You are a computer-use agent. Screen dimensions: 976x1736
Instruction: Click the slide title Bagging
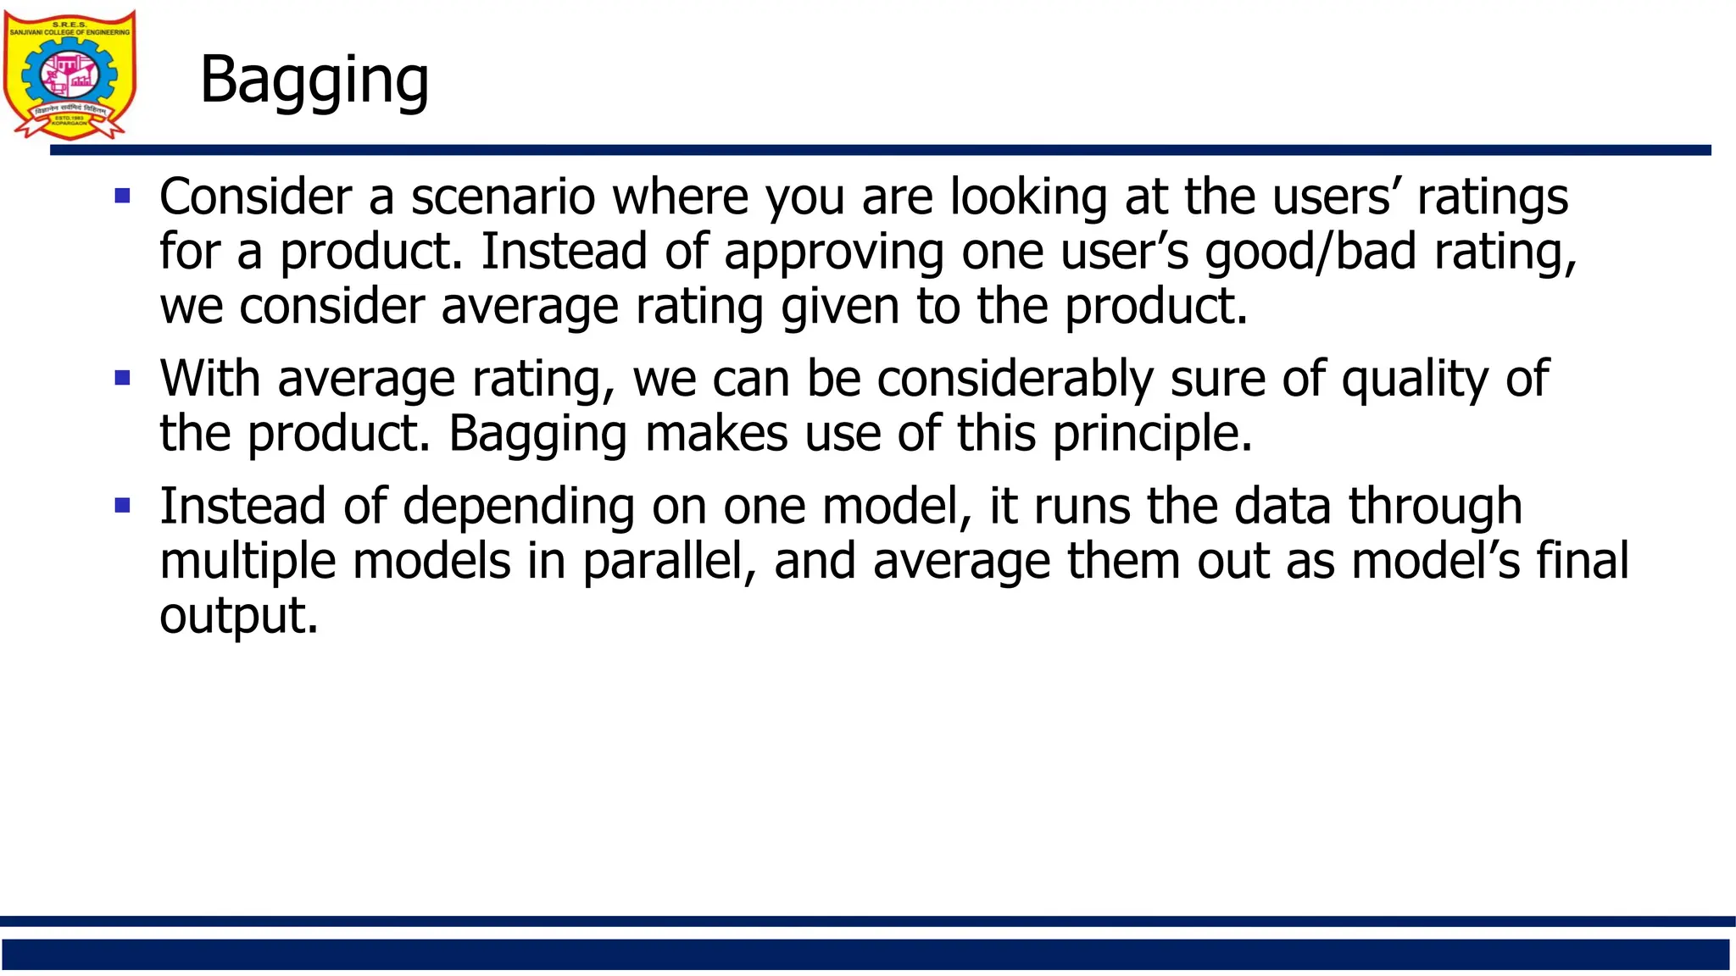click(x=314, y=80)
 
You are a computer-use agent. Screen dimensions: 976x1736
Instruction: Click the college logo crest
click(x=70, y=75)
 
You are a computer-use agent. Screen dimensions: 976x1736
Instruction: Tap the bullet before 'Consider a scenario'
click(x=123, y=197)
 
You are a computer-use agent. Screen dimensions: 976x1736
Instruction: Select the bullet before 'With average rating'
click(x=123, y=378)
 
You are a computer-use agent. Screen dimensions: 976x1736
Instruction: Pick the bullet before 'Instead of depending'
click(x=123, y=506)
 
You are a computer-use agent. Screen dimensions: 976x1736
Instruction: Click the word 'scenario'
click(x=504, y=197)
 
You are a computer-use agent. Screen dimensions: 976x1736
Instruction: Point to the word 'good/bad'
click(x=1310, y=252)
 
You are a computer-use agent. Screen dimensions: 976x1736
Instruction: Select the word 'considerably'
click(x=1015, y=378)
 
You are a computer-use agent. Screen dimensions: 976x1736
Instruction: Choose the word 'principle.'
click(x=1152, y=433)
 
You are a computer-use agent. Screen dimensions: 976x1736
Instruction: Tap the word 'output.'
click(x=239, y=615)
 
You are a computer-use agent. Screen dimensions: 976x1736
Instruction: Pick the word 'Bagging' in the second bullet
click(x=538, y=433)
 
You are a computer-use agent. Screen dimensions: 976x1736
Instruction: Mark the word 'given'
click(x=840, y=306)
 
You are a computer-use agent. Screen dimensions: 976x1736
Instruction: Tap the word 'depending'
click(x=519, y=506)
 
